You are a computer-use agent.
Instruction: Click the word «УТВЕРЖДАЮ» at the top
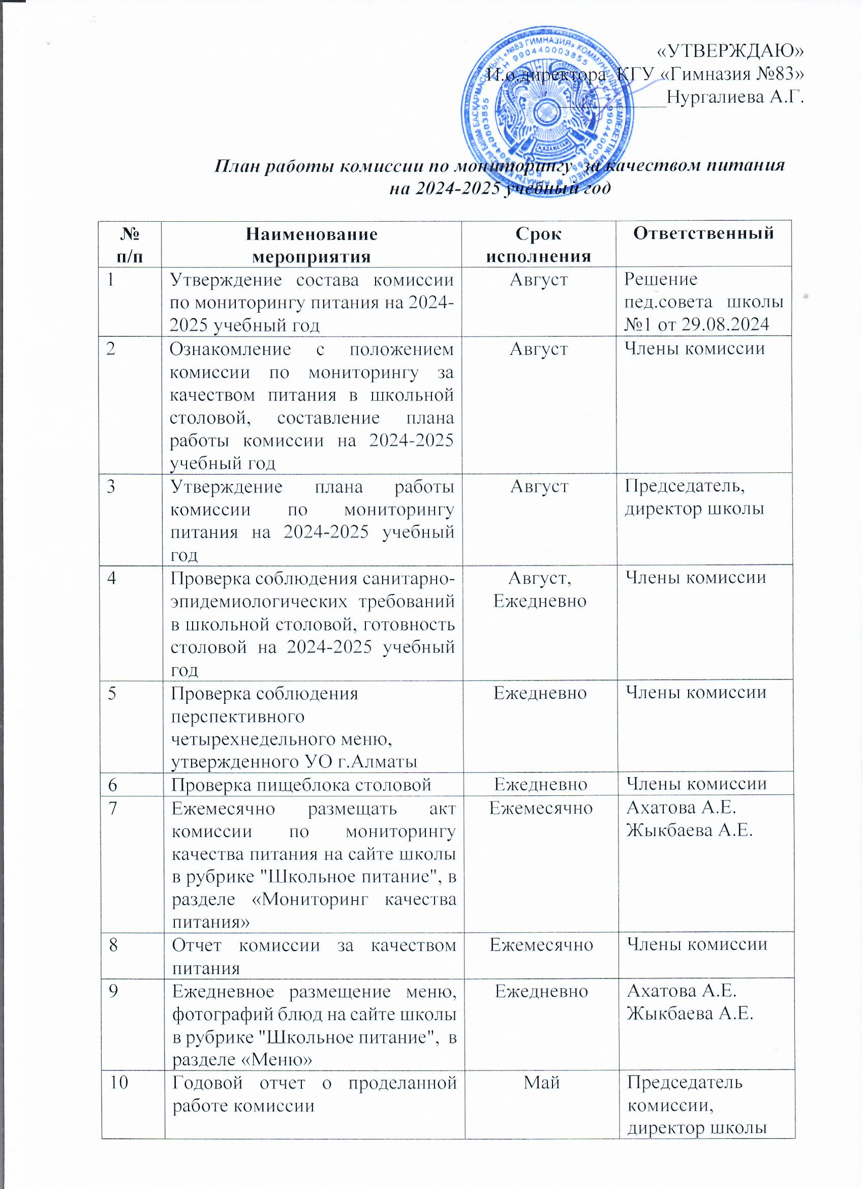(x=730, y=51)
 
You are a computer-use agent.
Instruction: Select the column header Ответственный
(x=704, y=233)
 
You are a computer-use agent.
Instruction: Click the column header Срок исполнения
(x=539, y=244)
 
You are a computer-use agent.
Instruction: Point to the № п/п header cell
(x=130, y=244)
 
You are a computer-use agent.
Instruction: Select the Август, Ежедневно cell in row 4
(x=540, y=589)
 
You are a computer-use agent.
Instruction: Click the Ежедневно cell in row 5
(x=540, y=693)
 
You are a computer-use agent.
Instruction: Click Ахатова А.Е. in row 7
(x=682, y=808)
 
